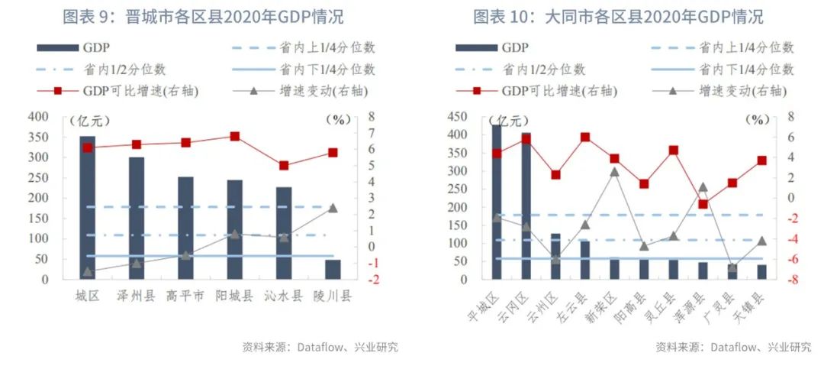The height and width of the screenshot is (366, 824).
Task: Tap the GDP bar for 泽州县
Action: (137, 218)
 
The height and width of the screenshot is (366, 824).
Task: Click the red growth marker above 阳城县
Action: (235, 137)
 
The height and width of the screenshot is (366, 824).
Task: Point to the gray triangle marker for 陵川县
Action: (333, 208)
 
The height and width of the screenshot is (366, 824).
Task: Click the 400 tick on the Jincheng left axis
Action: (38, 118)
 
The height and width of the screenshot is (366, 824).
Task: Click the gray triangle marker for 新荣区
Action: (614, 172)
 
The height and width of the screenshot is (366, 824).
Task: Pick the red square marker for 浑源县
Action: (703, 204)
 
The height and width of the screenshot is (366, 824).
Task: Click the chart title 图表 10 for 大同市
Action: (618, 16)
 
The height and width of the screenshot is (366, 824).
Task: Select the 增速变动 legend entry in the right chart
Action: (725, 91)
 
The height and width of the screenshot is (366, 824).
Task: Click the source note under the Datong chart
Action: (733, 347)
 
